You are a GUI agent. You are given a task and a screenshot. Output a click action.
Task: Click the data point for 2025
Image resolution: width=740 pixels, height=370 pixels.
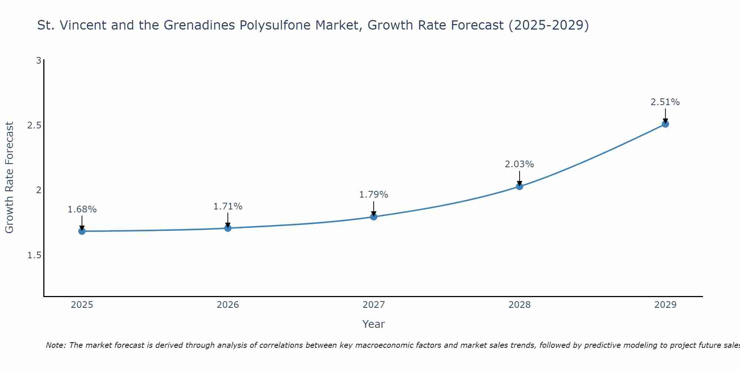point(82,231)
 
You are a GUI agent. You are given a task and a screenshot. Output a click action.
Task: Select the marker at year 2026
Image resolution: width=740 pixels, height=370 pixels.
point(228,228)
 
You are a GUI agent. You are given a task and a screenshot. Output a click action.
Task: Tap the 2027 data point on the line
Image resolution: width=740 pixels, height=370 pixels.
point(374,217)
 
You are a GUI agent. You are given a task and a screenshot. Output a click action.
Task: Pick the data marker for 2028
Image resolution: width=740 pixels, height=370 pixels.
point(519,186)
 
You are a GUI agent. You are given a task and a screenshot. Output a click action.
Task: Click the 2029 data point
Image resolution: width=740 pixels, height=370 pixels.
point(665,124)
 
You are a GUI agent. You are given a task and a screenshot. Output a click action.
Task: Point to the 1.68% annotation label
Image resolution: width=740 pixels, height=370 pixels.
point(82,209)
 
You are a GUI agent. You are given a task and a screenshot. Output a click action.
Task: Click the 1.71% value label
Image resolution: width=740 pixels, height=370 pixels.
point(228,206)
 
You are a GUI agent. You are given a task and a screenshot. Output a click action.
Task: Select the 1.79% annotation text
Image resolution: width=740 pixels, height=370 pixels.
point(374,195)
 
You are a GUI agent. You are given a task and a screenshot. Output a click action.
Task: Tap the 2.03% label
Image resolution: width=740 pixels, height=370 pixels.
point(519,164)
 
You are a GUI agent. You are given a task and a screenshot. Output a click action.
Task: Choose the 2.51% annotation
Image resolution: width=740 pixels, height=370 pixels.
point(665,102)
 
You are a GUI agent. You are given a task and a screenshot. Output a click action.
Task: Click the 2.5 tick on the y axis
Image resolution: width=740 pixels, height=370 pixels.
point(34,125)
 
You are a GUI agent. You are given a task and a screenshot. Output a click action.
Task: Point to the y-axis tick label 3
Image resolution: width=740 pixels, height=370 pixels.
point(38,60)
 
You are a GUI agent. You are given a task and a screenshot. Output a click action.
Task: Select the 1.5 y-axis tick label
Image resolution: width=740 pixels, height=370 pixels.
point(34,255)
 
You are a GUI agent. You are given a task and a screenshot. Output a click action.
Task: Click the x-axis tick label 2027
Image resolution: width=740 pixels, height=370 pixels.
point(374,305)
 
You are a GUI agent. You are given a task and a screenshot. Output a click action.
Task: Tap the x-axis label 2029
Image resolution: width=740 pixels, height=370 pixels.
point(665,305)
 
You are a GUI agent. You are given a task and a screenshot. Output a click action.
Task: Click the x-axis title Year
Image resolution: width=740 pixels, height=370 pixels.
point(374,324)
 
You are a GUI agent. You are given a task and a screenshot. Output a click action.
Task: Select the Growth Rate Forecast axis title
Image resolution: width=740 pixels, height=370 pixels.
point(10,178)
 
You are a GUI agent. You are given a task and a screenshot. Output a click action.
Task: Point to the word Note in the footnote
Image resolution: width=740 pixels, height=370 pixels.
point(55,345)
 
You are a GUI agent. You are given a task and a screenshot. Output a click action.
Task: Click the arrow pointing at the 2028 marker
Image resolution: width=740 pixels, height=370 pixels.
point(519,178)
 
